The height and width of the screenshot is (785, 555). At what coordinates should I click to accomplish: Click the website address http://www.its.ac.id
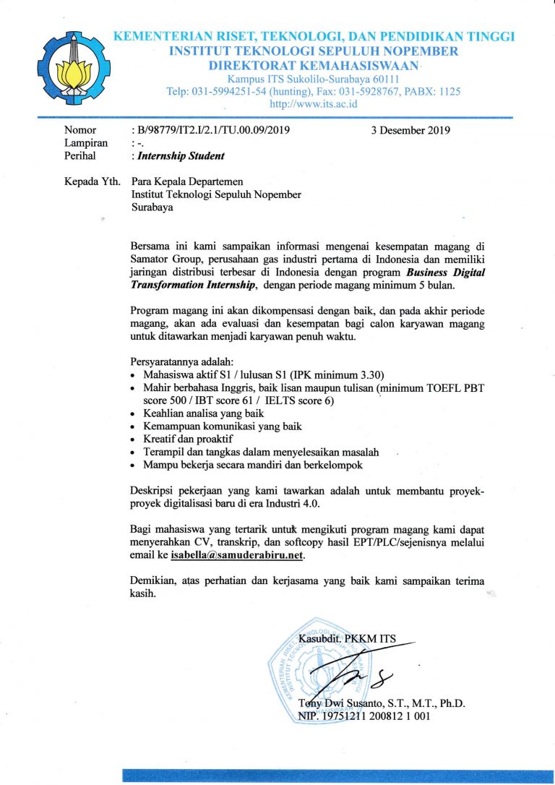[314, 104]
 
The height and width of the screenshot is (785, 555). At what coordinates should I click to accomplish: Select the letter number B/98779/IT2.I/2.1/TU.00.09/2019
[210, 131]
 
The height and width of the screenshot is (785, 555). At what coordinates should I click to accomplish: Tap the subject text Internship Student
[178, 155]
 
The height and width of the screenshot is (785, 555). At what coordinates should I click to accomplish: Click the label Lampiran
[86, 143]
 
